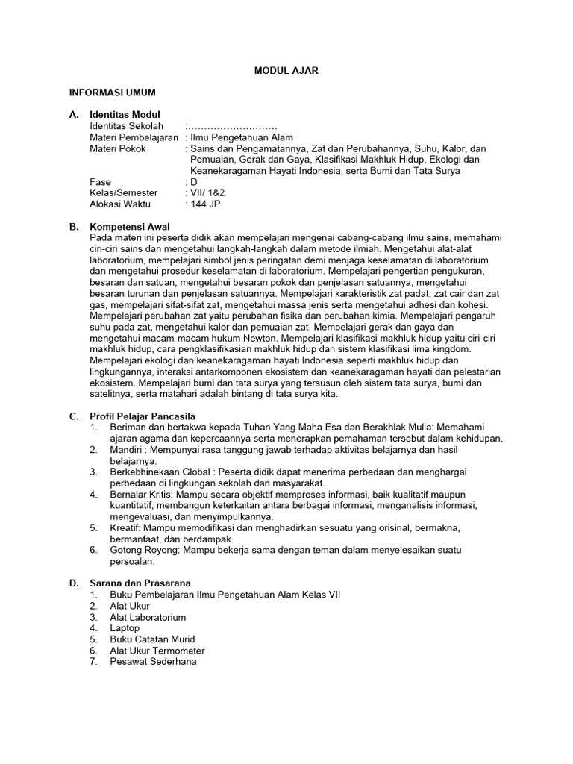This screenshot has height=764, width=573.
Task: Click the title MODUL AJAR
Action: tap(286, 71)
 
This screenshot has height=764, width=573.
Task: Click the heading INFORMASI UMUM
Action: tap(112, 93)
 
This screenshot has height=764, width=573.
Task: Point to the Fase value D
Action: tap(193, 181)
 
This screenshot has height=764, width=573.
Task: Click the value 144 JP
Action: tap(205, 204)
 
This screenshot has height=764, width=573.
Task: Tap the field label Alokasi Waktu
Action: tap(120, 204)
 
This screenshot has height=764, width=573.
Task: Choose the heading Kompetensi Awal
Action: tap(130, 226)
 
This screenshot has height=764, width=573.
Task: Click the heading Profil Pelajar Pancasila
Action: tap(143, 416)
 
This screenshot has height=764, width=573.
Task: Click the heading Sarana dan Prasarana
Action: tap(140, 583)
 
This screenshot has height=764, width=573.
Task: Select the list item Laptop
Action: tap(125, 628)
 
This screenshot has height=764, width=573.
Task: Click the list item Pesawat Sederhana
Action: tap(153, 661)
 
